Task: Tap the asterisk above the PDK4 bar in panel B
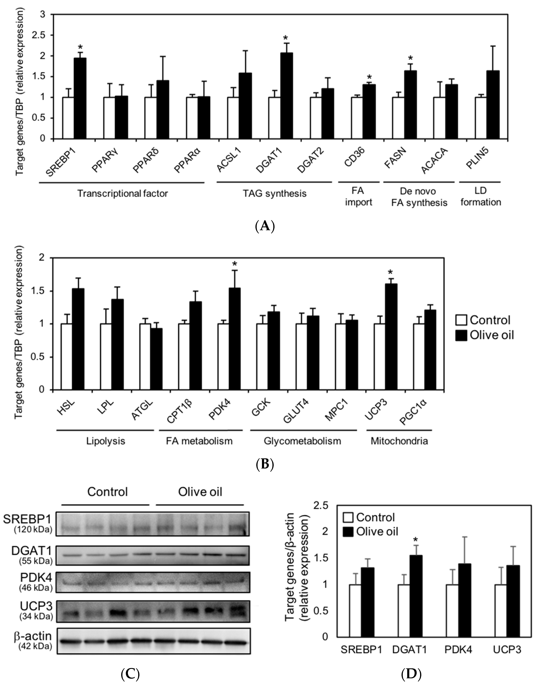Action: tap(234, 264)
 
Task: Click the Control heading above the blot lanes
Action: tap(107, 491)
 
